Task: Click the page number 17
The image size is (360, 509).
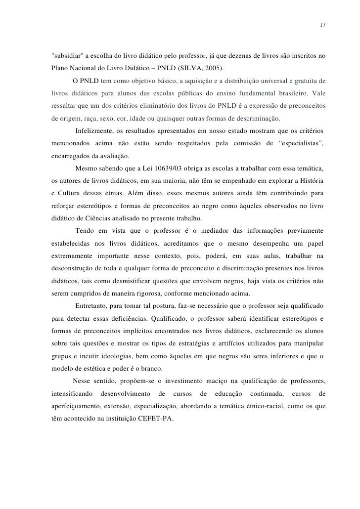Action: point(322,25)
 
